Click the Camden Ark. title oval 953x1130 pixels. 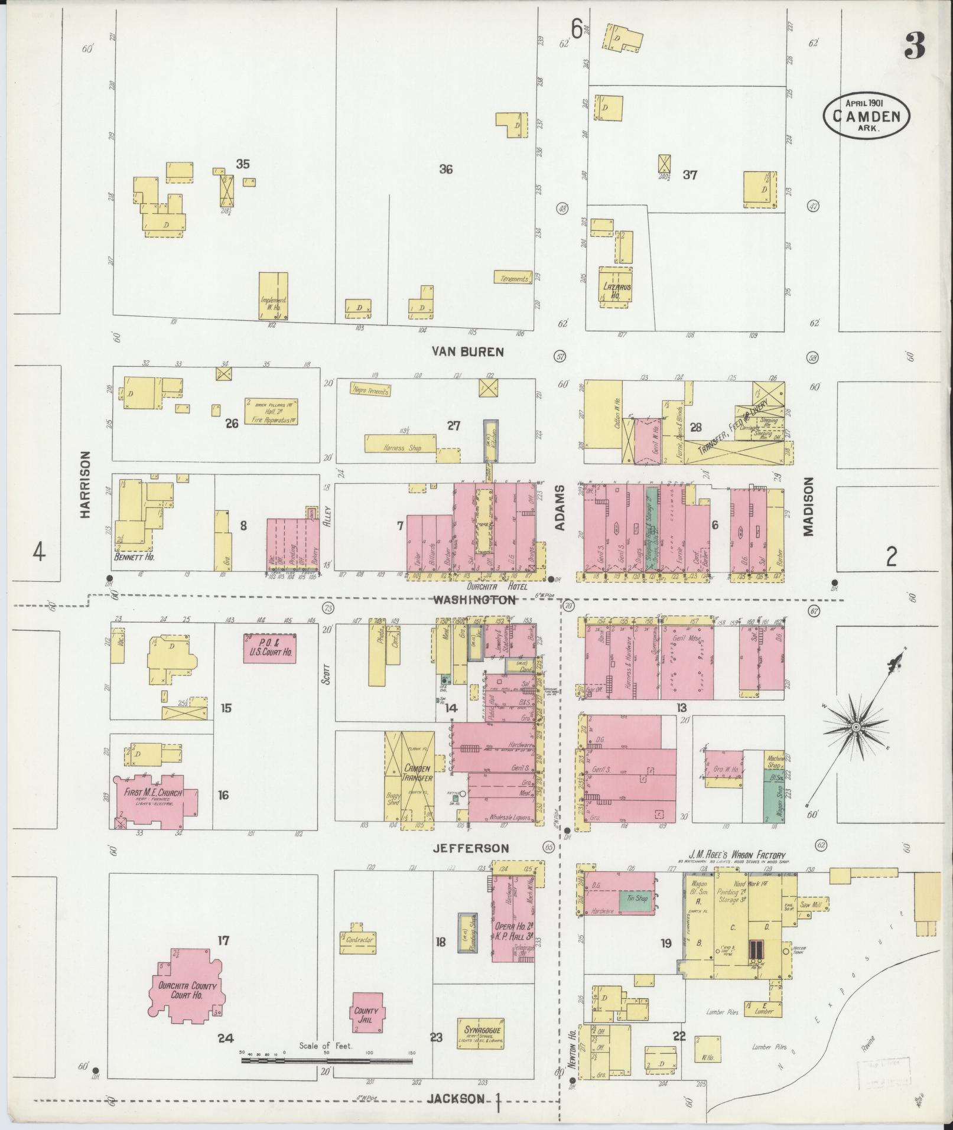(x=866, y=115)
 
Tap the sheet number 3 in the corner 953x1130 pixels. (x=914, y=45)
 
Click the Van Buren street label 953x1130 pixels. (x=467, y=352)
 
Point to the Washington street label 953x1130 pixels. (x=474, y=600)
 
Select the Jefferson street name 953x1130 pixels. (x=470, y=848)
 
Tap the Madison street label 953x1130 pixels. (x=808, y=507)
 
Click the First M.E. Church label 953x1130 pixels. (x=153, y=793)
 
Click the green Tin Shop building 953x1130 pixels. (x=636, y=899)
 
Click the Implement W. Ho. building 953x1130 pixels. (x=274, y=297)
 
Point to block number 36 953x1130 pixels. (x=445, y=169)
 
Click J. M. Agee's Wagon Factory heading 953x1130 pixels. (x=737, y=855)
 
